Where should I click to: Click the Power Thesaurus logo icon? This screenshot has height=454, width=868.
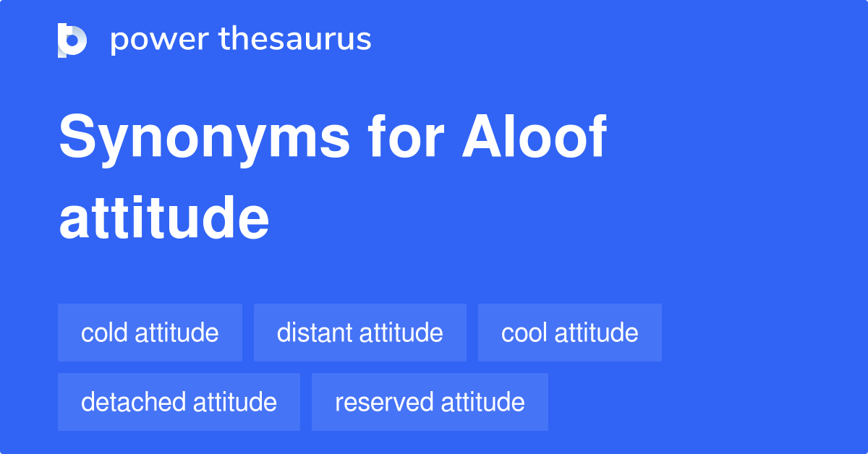pyautogui.click(x=72, y=40)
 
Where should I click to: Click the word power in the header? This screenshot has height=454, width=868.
pyautogui.click(x=160, y=40)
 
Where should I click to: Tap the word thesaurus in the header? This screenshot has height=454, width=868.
pyautogui.click(x=295, y=38)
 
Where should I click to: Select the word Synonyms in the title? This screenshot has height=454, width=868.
pyautogui.click(x=204, y=140)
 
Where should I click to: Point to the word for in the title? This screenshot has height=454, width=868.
pyautogui.click(x=406, y=136)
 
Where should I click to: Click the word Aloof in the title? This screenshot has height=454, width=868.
pyautogui.click(x=534, y=136)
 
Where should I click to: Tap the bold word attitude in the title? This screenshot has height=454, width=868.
pyautogui.click(x=164, y=218)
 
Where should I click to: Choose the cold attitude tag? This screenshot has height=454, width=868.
pyautogui.click(x=150, y=333)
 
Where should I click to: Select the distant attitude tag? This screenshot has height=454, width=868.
pyautogui.click(x=360, y=333)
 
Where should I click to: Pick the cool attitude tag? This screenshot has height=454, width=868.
pyautogui.click(x=570, y=333)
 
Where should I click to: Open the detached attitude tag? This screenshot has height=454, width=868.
pyautogui.click(x=179, y=402)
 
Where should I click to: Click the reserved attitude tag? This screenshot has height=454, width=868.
pyautogui.click(x=430, y=402)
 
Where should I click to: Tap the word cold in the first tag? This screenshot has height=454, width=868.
pyautogui.click(x=104, y=333)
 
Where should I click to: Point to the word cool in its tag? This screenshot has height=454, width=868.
pyautogui.click(x=524, y=333)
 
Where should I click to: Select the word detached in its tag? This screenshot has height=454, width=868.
pyautogui.click(x=133, y=402)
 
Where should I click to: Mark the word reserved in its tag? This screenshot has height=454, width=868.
pyautogui.click(x=384, y=402)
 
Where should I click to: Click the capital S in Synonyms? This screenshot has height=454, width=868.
pyautogui.click(x=77, y=136)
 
